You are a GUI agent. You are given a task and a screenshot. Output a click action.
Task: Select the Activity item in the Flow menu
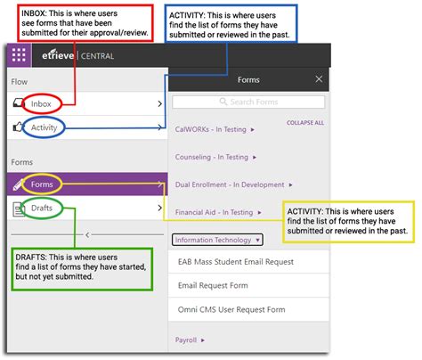tap(45, 129)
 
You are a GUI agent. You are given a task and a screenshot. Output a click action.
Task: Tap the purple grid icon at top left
tap(19, 55)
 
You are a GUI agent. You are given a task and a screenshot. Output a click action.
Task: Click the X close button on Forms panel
tap(319, 79)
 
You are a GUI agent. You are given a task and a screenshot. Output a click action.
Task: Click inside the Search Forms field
tap(249, 102)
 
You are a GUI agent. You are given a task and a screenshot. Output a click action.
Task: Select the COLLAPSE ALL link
tap(304, 123)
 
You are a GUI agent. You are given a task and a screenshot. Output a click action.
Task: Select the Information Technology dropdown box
tap(217, 240)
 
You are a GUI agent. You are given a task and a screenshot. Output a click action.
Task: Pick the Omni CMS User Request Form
tap(231, 310)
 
